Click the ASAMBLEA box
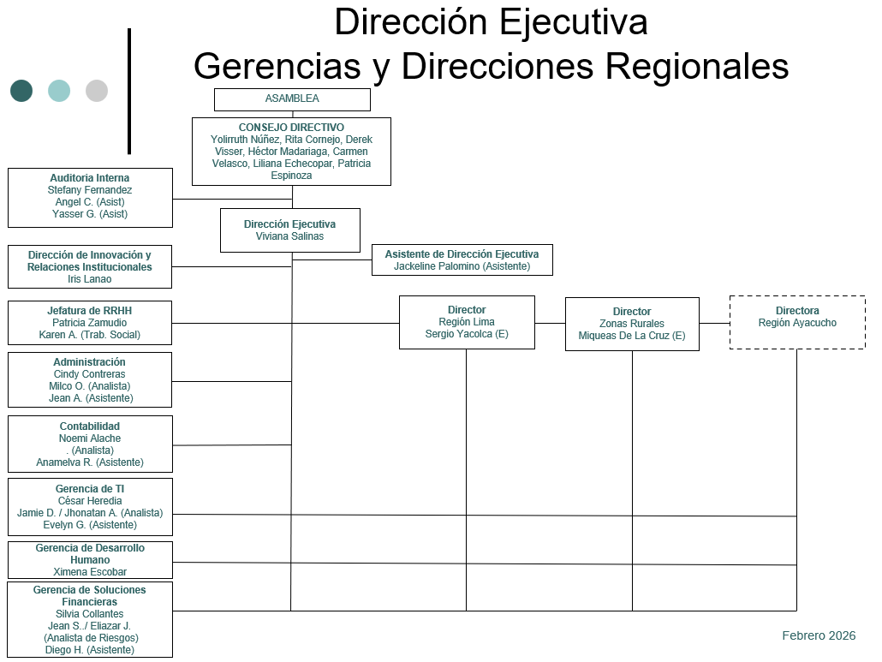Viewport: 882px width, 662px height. click(292, 99)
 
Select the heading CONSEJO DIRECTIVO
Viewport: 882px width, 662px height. click(291, 128)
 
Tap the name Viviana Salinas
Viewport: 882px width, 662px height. click(289, 236)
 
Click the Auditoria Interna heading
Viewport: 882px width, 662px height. click(90, 178)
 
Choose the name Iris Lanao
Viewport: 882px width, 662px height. click(90, 279)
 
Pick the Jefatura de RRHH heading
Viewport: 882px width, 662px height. click(90, 311)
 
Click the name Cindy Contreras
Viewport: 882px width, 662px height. click(90, 374)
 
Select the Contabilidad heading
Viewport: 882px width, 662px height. click(90, 426)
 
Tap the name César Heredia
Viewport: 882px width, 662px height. click(90, 501)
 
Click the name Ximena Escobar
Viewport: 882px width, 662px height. click(90, 572)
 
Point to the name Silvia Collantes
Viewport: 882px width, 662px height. click(90, 614)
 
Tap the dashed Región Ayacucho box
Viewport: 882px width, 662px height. click(797, 322)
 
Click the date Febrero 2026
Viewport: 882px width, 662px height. click(819, 635)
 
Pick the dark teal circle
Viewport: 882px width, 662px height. click(21, 91)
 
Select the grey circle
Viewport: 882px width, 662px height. click(97, 91)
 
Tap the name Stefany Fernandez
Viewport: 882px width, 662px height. click(90, 190)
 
